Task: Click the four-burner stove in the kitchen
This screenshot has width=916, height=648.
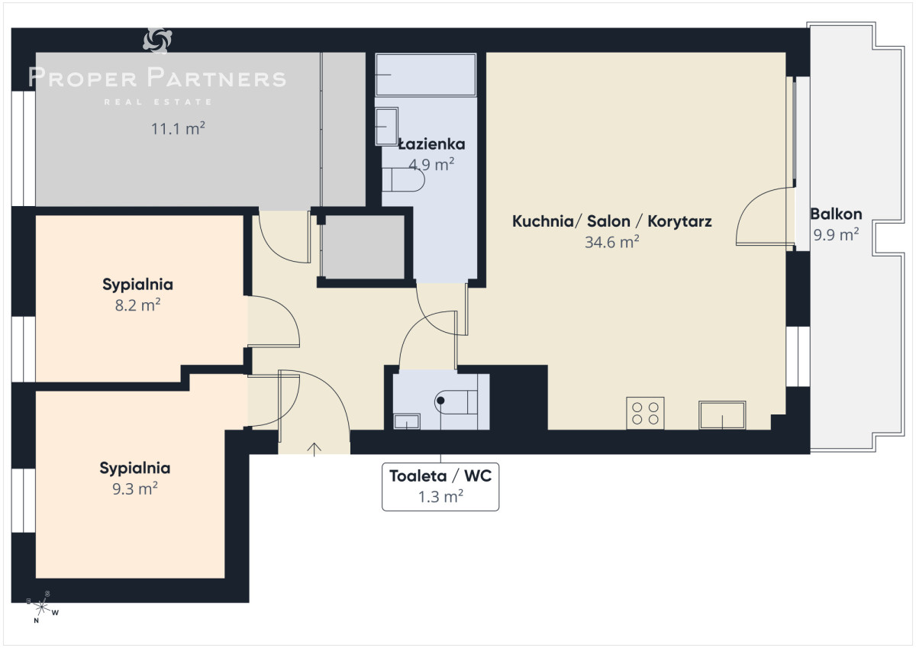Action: point(645,413)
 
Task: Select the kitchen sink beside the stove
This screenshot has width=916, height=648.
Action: point(722,415)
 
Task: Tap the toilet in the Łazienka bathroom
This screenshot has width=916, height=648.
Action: point(403,179)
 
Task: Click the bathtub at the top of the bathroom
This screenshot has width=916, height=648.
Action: point(426,75)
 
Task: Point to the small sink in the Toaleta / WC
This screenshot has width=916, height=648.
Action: point(406,421)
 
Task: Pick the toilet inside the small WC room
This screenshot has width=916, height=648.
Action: point(456,402)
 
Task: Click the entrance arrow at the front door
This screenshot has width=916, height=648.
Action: point(314,450)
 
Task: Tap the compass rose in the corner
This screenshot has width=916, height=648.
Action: point(42,607)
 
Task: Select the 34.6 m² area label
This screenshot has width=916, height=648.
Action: point(611,242)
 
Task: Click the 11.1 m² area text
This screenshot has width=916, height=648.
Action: point(178,128)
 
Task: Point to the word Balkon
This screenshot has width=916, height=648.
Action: point(837,214)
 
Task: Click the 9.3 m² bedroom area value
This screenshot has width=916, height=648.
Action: point(135,488)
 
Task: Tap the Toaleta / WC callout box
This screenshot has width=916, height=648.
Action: point(440,486)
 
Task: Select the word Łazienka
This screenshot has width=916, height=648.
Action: point(432,144)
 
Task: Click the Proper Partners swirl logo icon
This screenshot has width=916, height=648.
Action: point(157,40)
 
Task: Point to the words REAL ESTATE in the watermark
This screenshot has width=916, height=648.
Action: point(158,102)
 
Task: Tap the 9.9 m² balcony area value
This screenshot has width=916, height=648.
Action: point(836,234)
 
